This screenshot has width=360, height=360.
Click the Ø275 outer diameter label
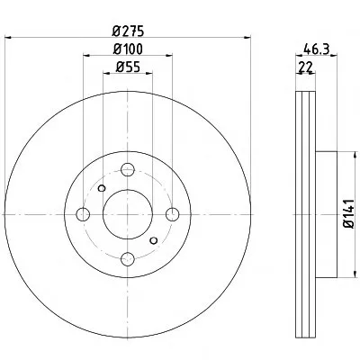pyautogui.click(x=128, y=31)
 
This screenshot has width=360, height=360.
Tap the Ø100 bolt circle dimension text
pyautogui.click(x=128, y=49)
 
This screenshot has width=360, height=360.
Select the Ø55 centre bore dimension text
pyautogui.click(x=128, y=67)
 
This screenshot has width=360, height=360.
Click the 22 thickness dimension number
pyautogui.click(x=305, y=67)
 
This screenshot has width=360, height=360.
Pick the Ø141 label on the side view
pyautogui.click(x=350, y=214)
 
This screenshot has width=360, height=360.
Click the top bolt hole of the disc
pyautogui.click(x=128, y=170)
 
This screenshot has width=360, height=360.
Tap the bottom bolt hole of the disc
pyautogui.click(x=128, y=259)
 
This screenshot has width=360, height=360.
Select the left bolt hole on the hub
pyautogui.click(x=83, y=214)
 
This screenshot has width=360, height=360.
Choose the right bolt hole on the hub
pyautogui.click(x=173, y=214)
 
